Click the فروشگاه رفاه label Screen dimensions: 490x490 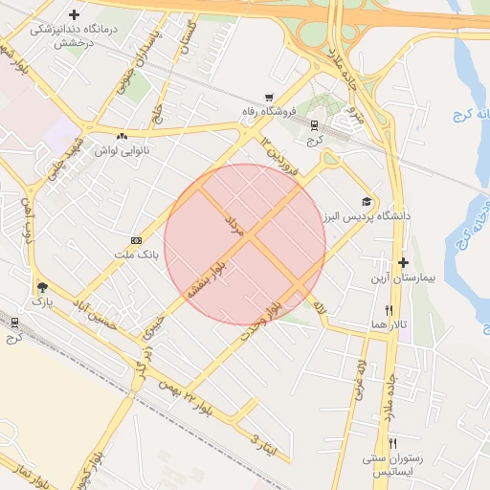pos(270,113)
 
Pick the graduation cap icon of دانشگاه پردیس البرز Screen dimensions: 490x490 pos(366,201)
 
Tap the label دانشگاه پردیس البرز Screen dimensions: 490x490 pos(367,216)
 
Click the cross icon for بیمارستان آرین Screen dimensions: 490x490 pos(403,262)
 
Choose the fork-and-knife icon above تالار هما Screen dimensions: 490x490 pos(389,310)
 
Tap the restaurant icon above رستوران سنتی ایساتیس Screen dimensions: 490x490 pos(392,444)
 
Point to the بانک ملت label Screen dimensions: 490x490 pos(135,256)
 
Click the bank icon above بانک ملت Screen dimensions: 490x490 pos(135,239)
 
